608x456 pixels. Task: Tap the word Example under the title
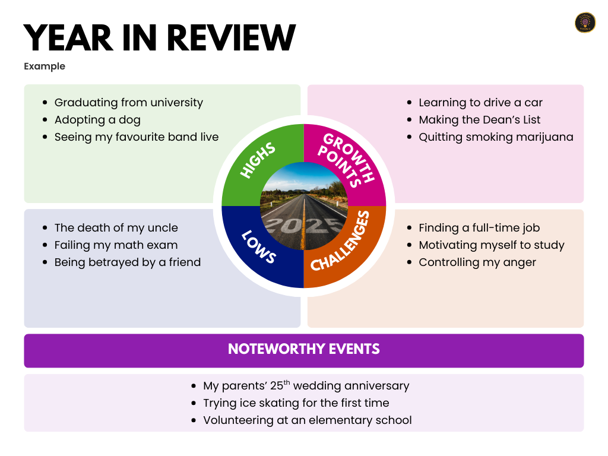click(x=45, y=66)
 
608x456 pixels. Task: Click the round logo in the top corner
click(x=585, y=23)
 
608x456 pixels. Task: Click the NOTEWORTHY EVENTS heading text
click(x=303, y=349)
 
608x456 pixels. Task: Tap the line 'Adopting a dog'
click(x=97, y=120)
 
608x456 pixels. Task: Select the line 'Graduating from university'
click(x=128, y=103)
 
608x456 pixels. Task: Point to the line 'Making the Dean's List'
click(x=479, y=120)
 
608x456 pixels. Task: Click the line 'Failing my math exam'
click(x=116, y=245)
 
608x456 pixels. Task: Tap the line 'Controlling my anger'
click(x=477, y=262)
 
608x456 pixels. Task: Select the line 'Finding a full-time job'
click(x=479, y=228)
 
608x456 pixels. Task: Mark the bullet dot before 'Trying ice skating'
click(x=194, y=404)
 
